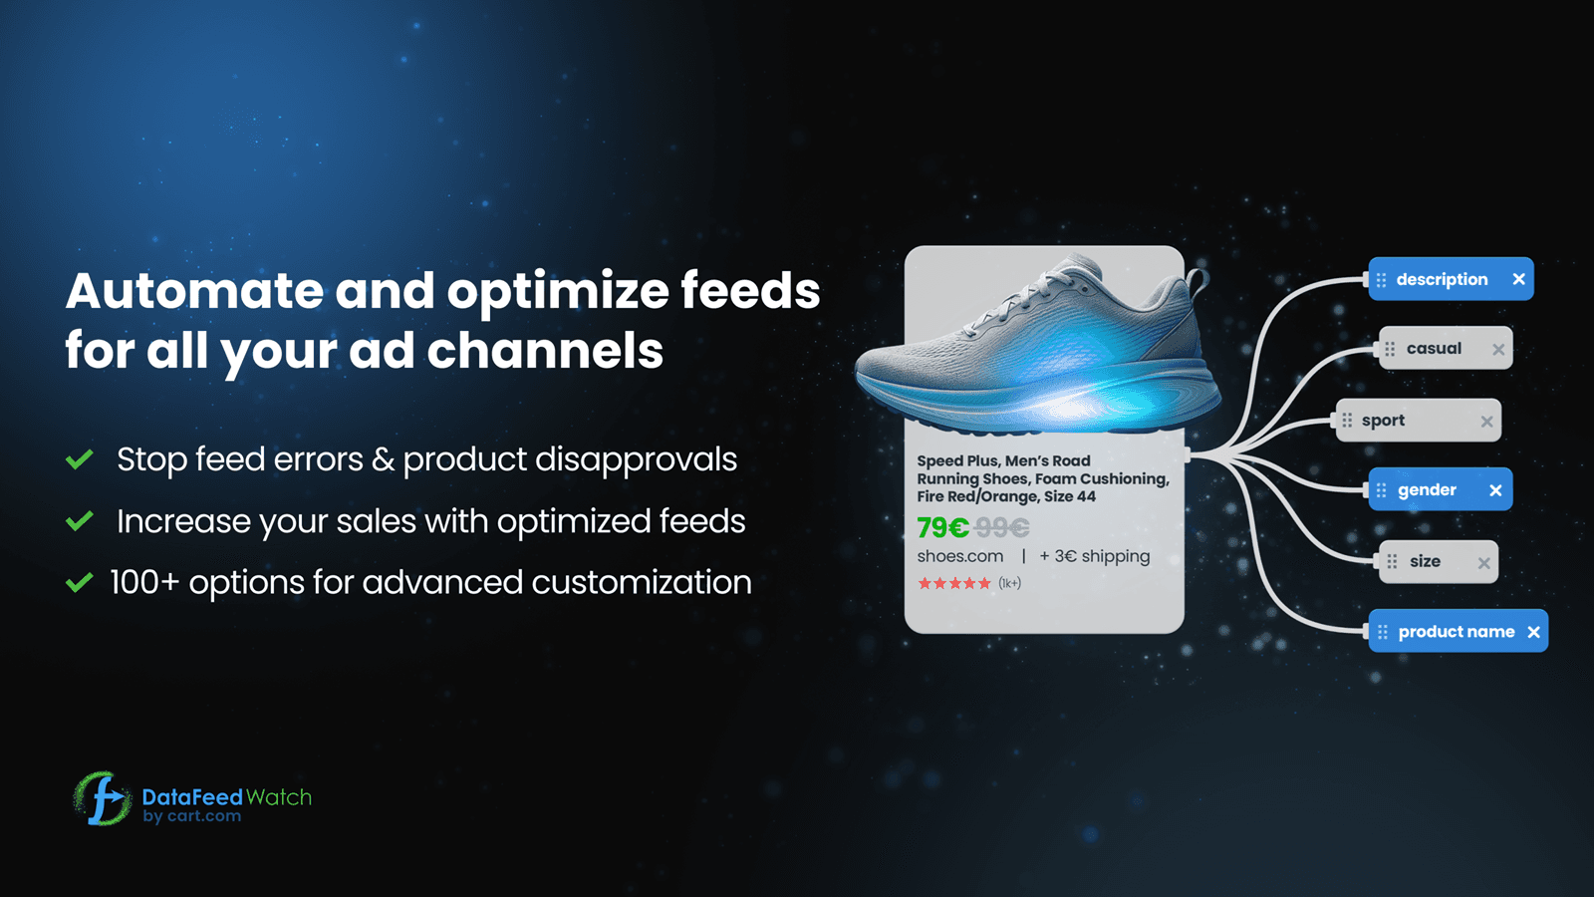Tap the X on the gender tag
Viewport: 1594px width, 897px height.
pyautogui.click(x=1495, y=490)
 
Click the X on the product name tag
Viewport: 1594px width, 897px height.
pyautogui.click(x=1533, y=632)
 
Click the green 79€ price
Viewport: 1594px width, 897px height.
pyautogui.click(x=942, y=527)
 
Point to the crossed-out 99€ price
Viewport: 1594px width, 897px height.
pyautogui.click(x=1002, y=527)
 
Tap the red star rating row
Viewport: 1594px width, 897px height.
pyautogui.click(x=954, y=584)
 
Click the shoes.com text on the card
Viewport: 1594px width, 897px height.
pyautogui.click(x=960, y=556)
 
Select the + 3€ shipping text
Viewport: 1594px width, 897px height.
pyautogui.click(x=1094, y=556)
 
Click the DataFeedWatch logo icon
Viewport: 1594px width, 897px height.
pyautogui.click(x=101, y=798)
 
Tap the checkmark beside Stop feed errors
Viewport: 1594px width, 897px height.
pyautogui.click(x=80, y=459)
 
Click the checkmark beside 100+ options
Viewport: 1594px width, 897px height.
pyautogui.click(x=80, y=583)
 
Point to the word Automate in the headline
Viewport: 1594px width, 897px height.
pyautogui.click(x=194, y=291)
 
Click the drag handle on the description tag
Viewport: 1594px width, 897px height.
pyautogui.click(x=1381, y=280)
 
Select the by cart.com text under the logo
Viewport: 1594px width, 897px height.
pyautogui.click(x=192, y=816)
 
